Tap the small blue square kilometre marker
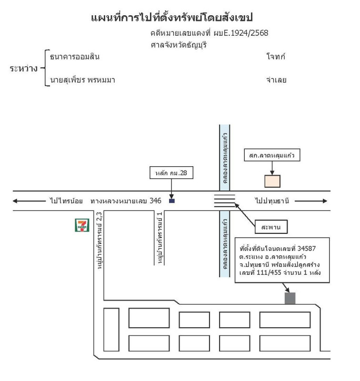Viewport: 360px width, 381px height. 172,201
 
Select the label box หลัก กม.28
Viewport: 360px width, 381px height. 171,173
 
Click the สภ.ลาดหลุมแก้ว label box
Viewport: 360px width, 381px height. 272,155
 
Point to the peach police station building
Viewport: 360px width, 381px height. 272,181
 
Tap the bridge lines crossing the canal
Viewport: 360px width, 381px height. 224,201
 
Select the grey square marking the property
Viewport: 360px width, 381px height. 290,298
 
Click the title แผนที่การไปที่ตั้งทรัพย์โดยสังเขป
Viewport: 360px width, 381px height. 171,18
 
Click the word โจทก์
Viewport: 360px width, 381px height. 276,57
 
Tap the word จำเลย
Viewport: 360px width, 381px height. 276,80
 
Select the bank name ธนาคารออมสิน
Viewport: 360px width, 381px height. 75,57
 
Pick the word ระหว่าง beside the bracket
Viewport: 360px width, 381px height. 24,69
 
